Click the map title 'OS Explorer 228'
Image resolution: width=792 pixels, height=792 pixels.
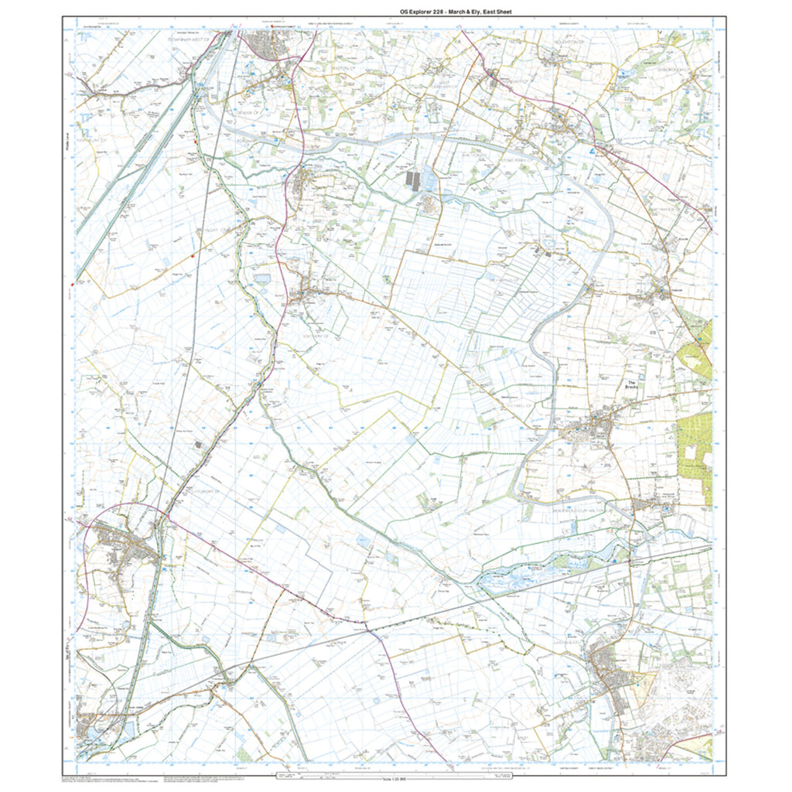click(x=418, y=12)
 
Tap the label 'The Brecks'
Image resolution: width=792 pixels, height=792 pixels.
click(x=631, y=385)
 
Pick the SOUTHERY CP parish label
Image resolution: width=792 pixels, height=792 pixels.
click(x=317, y=336)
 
